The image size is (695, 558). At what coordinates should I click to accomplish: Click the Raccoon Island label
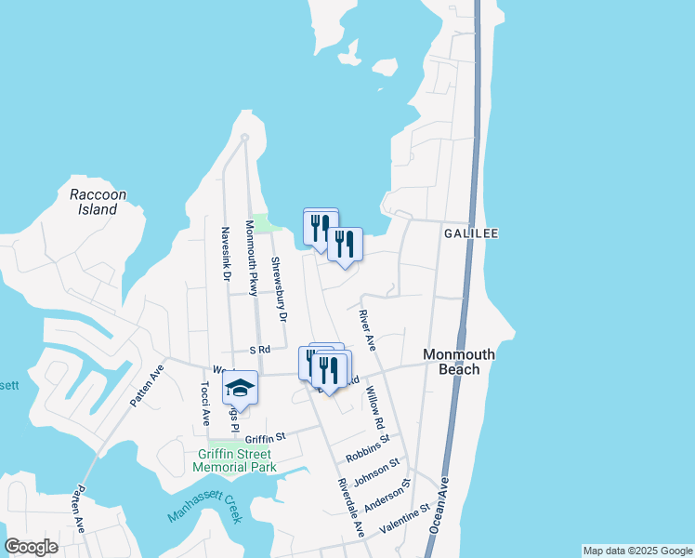[x=98, y=202]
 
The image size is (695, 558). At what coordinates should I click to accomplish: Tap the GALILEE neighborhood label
[x=471, y=233]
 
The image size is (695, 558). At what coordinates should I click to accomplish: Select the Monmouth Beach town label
[x=459, y=362]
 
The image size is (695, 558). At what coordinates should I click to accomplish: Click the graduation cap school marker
[x=240, y=389]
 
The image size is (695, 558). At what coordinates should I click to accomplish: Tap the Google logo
[x=31, y=547]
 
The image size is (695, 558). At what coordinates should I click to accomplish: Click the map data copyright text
[x=636, y=551]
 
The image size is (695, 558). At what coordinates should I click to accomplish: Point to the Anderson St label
[x=387, y=497]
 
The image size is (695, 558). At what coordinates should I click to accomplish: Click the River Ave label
[x=366, y=330]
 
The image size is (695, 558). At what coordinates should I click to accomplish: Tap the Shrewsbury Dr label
[x=279, y=289]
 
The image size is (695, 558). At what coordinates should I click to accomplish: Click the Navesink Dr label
[x=225, y=254]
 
